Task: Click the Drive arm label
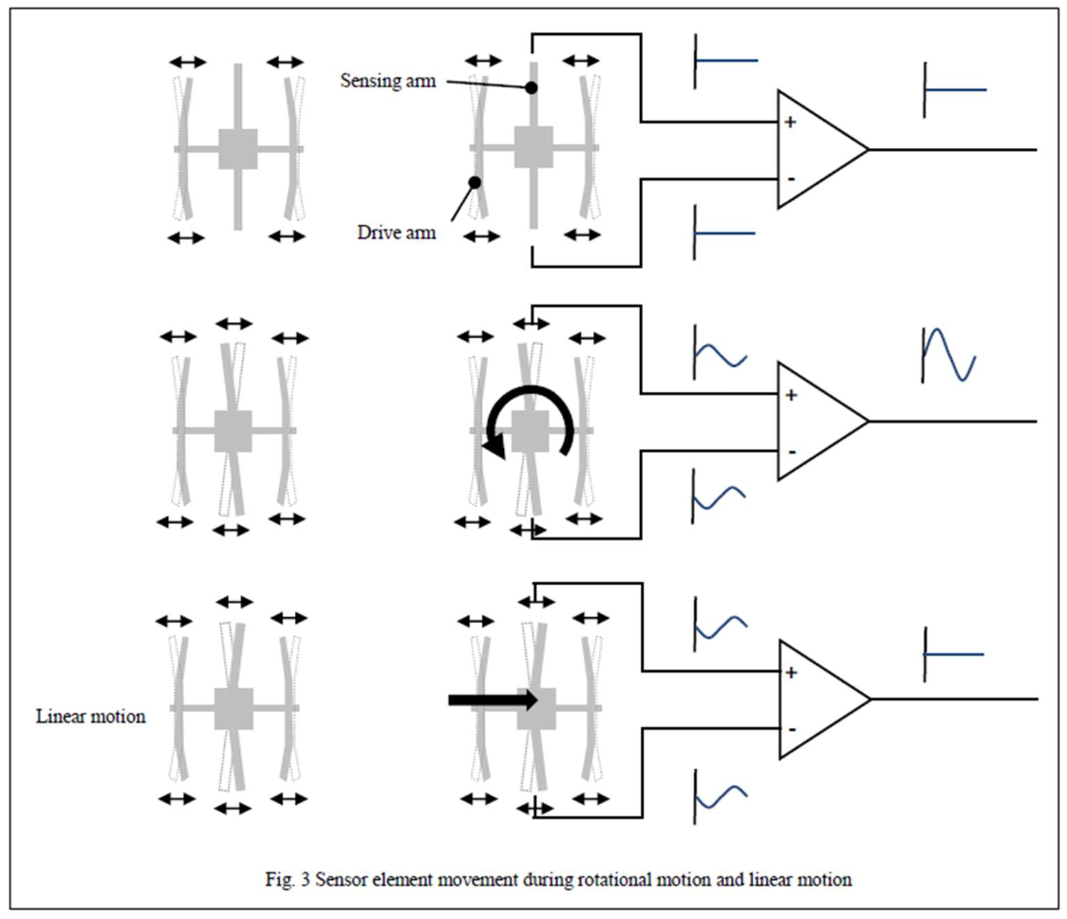point(397,231)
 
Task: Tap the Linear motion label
point(91,717)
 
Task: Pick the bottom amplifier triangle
point(819,699)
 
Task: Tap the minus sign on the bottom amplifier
point(792,729)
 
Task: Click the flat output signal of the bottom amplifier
point(954,654)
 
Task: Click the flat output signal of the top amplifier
point(955,89)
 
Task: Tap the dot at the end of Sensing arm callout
point(532,88)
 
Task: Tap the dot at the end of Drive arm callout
point(475,181)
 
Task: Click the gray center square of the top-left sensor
point(237,149)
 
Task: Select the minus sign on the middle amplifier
point(791,449)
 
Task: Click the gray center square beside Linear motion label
point(234,708)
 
